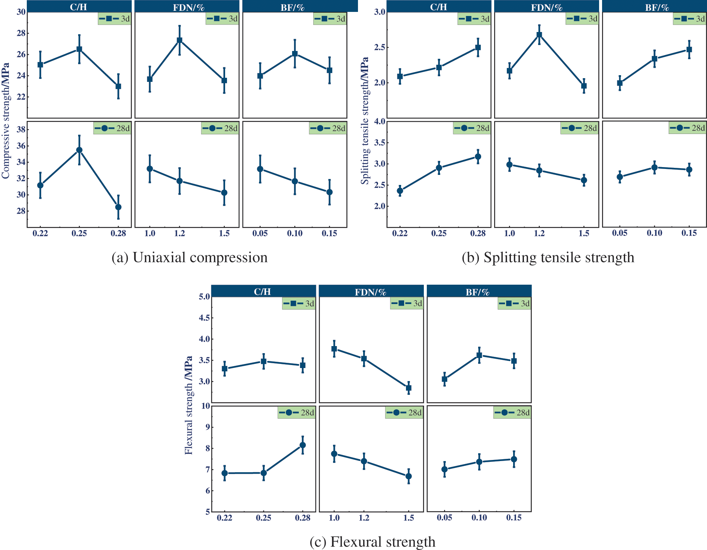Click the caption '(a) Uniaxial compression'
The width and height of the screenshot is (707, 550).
(189, 258)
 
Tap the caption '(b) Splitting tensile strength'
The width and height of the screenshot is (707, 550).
(548, 258)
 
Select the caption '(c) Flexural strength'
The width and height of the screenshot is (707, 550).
(372, 542)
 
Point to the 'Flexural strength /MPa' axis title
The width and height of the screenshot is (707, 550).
(189, 405)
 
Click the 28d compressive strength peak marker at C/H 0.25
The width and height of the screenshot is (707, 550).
(79, 150)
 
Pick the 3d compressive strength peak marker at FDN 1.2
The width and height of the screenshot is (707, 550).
(179, 40)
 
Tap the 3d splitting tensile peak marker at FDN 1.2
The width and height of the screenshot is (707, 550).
(539, 35)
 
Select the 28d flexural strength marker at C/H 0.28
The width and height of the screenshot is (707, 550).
(303, 445)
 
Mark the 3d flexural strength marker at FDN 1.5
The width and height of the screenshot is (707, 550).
(409, 388)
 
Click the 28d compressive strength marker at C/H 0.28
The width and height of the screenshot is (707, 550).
(118, 207)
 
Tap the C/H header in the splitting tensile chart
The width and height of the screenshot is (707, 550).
(438, 7)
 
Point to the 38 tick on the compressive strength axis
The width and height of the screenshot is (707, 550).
(21, 129)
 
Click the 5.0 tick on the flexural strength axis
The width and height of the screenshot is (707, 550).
(204, 297)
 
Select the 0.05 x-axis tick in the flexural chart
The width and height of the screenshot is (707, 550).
(444, 518)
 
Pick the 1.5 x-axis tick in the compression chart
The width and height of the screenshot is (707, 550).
(224, 233)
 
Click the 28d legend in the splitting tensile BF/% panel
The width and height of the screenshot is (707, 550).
(687, 128)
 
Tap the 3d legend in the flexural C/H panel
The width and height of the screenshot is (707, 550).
(299, 303)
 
